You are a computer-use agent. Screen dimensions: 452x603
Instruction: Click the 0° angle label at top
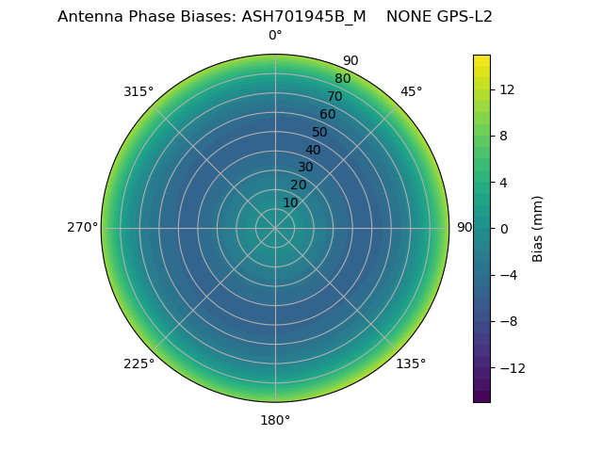275,36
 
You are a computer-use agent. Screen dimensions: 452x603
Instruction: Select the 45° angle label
411,91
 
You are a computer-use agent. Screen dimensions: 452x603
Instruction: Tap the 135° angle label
411,363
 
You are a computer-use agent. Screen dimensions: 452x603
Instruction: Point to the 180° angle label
275,420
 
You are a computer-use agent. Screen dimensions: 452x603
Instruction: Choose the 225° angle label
139,363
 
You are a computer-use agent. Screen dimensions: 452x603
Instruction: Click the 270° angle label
82,228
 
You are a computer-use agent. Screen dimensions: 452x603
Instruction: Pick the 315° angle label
139,91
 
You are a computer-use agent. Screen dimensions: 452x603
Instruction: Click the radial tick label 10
290,202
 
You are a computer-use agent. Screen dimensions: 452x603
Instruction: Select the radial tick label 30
305,167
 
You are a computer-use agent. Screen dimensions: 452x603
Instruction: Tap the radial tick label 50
320,132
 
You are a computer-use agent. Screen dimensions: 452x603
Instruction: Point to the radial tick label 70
334,96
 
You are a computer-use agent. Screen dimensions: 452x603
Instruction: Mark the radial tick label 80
342,79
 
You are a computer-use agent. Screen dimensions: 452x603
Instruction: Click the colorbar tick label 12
506,89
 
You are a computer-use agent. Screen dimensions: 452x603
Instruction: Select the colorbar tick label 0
503,229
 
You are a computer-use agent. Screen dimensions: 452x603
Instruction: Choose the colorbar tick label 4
503,183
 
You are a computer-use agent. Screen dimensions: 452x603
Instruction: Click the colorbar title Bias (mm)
538,229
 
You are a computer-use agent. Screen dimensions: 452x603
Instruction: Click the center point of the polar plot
275,228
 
